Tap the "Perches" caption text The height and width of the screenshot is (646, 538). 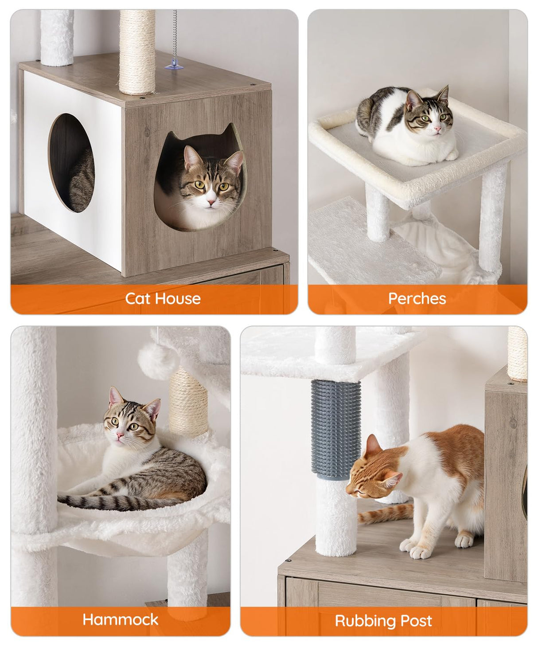[417, 298]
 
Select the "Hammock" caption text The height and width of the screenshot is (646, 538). [120, 619]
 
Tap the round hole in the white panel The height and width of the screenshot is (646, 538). [71, 163]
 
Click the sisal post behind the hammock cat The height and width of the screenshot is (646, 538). [188, 401]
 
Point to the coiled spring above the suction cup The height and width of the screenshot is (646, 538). [175, 35]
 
